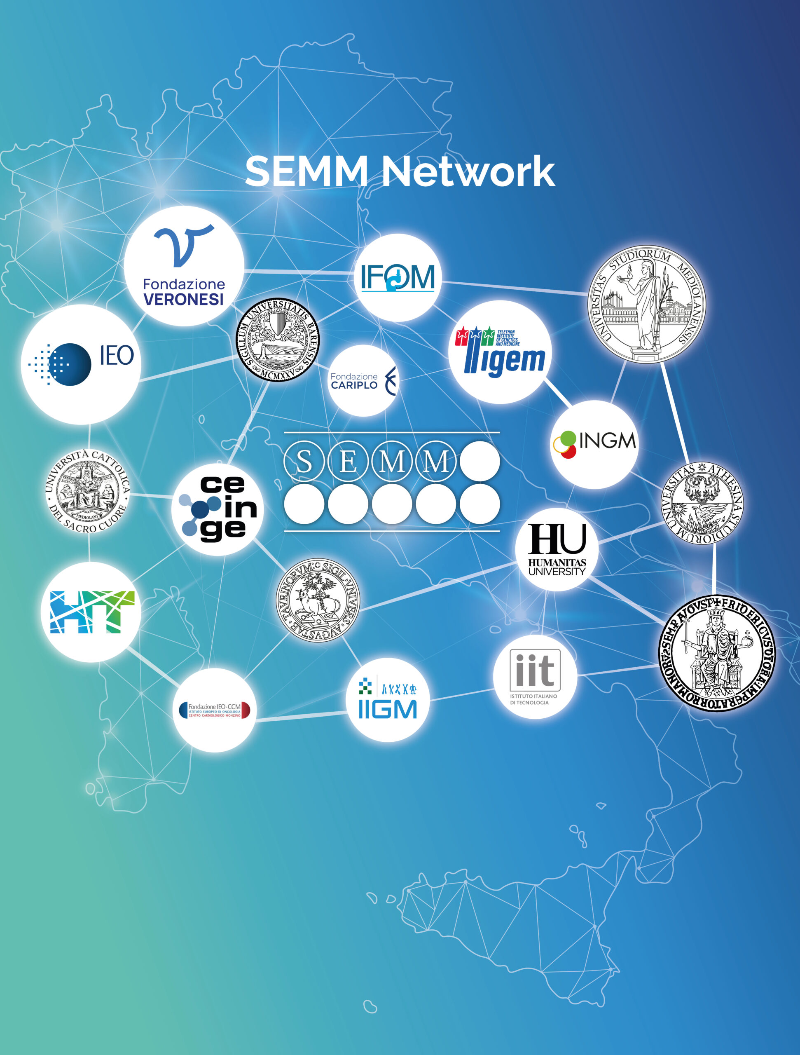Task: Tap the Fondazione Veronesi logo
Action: point(184,266)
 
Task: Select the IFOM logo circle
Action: point(398,278)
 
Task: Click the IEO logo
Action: point(81,364)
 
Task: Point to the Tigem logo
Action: point(500,352)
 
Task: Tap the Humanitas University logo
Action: point(557,549)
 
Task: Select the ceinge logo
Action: point(218,509)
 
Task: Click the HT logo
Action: point(91,612)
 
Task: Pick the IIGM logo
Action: point(388,700)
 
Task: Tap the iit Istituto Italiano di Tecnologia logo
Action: point(535,676)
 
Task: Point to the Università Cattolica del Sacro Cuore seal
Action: point(88,491)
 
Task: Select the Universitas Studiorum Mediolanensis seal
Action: point(646,304)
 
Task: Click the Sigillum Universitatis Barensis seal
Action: point(278,340)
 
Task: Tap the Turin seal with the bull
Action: point(318,600)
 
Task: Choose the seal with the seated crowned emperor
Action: point(716,654)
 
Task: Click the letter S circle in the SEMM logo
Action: point(304,461)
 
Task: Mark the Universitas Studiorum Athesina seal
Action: point(702,503)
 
